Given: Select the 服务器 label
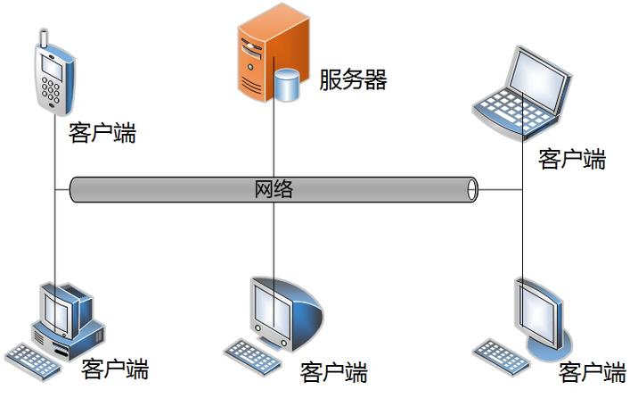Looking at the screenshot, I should click(353, 79).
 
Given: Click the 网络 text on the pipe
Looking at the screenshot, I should click(274, 189).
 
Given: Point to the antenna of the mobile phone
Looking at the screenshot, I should click(42, 38).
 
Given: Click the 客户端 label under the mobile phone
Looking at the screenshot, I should click(102, 133).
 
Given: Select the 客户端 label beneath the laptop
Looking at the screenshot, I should click(572, 159).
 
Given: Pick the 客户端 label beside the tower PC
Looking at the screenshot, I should click(115, 368).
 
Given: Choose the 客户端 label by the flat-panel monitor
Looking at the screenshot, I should click(593, 372).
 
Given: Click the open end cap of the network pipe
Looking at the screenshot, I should click(472, 189).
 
